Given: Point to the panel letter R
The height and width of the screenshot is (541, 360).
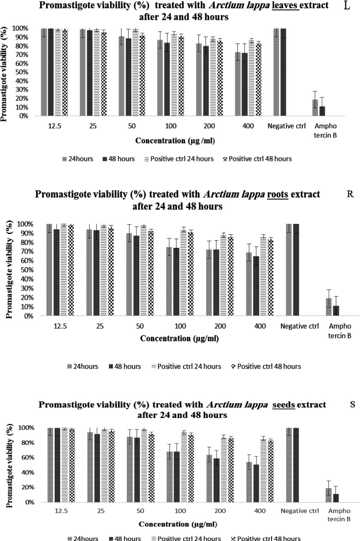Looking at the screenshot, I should (350, 194).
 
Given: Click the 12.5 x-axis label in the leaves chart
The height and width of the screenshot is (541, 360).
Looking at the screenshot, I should (60, 125).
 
